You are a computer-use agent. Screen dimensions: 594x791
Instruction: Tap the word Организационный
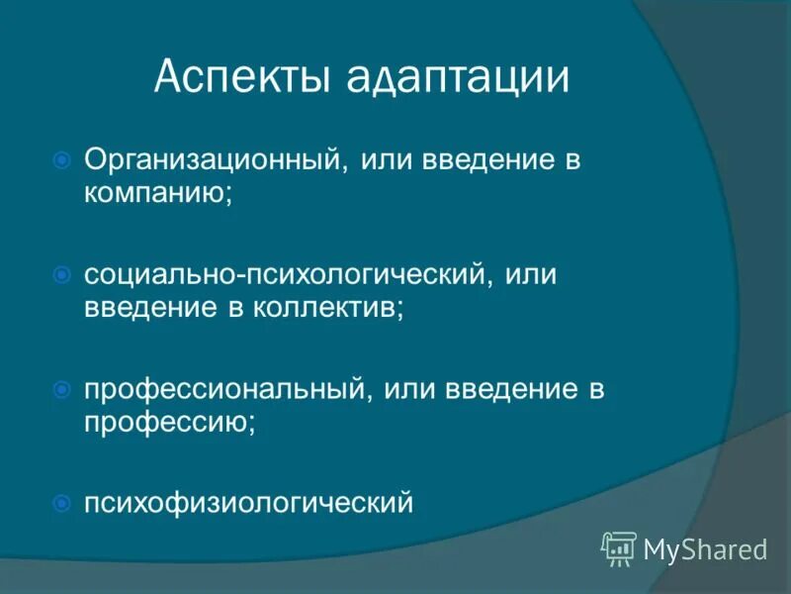tap(213, 160)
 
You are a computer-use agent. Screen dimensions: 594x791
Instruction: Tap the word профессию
tap(168, 423)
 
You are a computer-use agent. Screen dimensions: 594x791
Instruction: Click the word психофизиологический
tap(247, 504)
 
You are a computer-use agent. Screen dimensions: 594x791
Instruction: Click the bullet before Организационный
tap(61, 159)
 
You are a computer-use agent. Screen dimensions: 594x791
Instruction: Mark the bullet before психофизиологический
tap(61, 503)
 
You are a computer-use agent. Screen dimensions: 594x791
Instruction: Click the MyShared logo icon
tap(619, 547)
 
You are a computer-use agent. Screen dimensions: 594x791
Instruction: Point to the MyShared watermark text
tap(705, 548)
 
